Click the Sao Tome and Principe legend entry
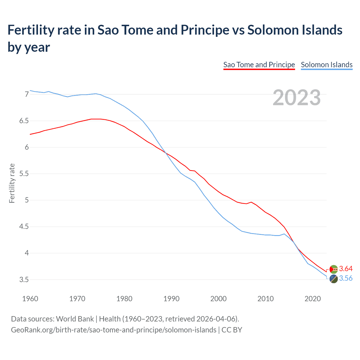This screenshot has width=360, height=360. click(x=259, y=65)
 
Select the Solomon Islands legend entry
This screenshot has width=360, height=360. click(x=327, y=65)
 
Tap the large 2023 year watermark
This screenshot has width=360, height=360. click(x=297, y=98)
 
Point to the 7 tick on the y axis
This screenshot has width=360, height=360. click(x=27, y=94)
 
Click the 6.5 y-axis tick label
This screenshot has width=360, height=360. click(x=24, y=121)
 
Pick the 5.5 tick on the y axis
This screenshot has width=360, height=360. click(x=24, y=174)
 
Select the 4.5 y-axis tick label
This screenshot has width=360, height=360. click(x=24, y=227)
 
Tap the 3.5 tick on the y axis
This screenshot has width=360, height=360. click(x=24, y=280)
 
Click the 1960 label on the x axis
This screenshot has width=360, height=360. click(x=30, y=299)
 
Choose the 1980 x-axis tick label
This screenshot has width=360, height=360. click(x=124, y=299)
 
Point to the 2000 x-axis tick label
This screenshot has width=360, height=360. click(x=218, y=299)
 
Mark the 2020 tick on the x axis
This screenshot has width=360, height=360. click(x=312, y=299)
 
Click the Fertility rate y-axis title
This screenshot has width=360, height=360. click(x=12, y=183)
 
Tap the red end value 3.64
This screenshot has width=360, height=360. click(x=346, y=269)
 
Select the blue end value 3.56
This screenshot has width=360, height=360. click(x=346, y=278)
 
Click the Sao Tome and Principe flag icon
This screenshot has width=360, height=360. click(x=334, y=269)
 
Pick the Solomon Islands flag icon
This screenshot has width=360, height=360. click(x=334, y=279)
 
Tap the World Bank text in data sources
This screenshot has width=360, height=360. click(x=75, y=319)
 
